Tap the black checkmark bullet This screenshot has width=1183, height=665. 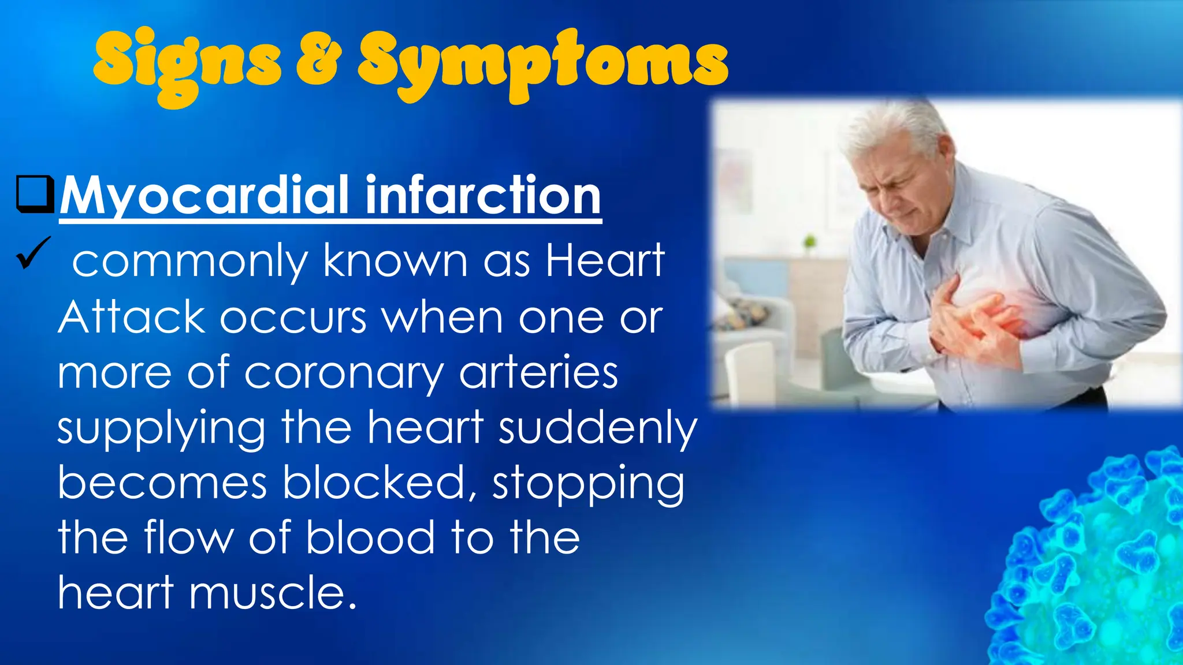34,253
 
